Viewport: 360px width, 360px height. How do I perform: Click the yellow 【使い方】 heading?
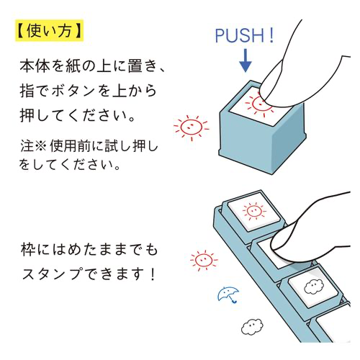[x=48, y=30]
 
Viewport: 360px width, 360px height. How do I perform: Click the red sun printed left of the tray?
[x=202, y=260]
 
